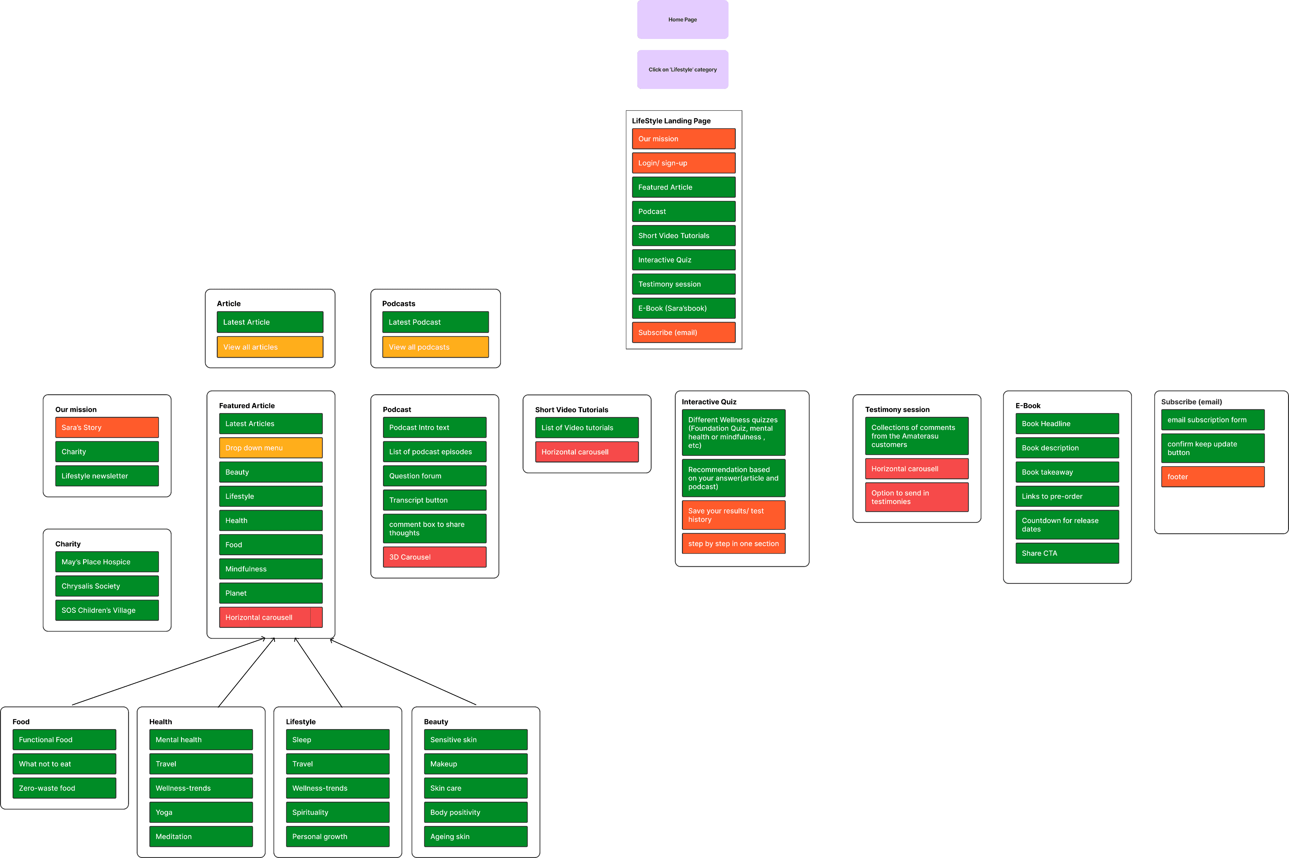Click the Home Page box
point(682,20)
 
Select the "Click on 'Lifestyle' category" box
point(682,69)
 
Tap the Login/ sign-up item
point(684,163)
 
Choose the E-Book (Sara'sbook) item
point(684,308)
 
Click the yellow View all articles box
point(270,347)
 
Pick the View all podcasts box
point(435,347)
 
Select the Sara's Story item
point(107,427)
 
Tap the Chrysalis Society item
point(107,586)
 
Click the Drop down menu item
point(271,448)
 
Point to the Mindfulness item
point(271,569)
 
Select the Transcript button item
point(434,500)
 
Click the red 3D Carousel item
point(434,557)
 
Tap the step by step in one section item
point(733,543)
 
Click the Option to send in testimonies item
point(917,497)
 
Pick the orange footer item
point(1212,477)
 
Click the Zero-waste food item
point(64,788)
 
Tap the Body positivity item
point(475,812)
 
